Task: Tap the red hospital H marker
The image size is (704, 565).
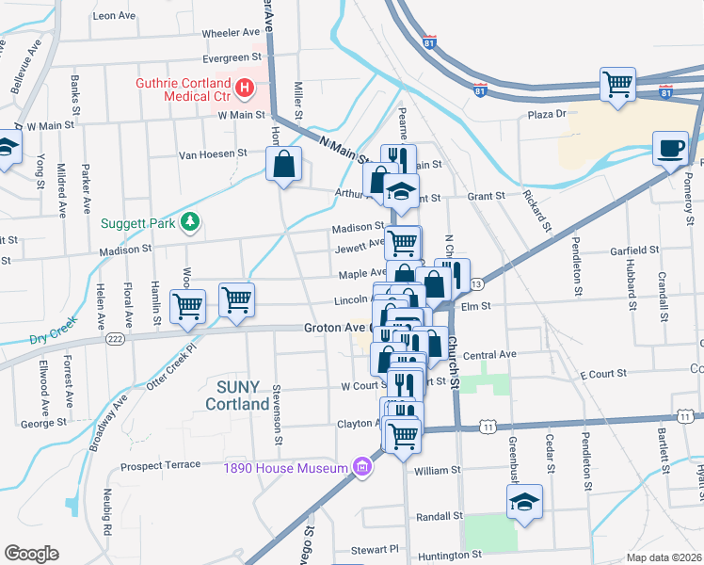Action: [x=245, y=89]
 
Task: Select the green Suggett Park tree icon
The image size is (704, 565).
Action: [x=191, y=221]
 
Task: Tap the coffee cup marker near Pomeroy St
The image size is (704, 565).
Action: [x=671, y=149]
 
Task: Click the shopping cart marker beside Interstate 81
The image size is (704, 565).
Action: [x=618, y=85]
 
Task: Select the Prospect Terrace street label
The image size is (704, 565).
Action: [x=161, y=465]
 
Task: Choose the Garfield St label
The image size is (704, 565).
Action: [x=633, y=250]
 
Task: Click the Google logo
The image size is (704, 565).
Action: [x=30, y=554]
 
